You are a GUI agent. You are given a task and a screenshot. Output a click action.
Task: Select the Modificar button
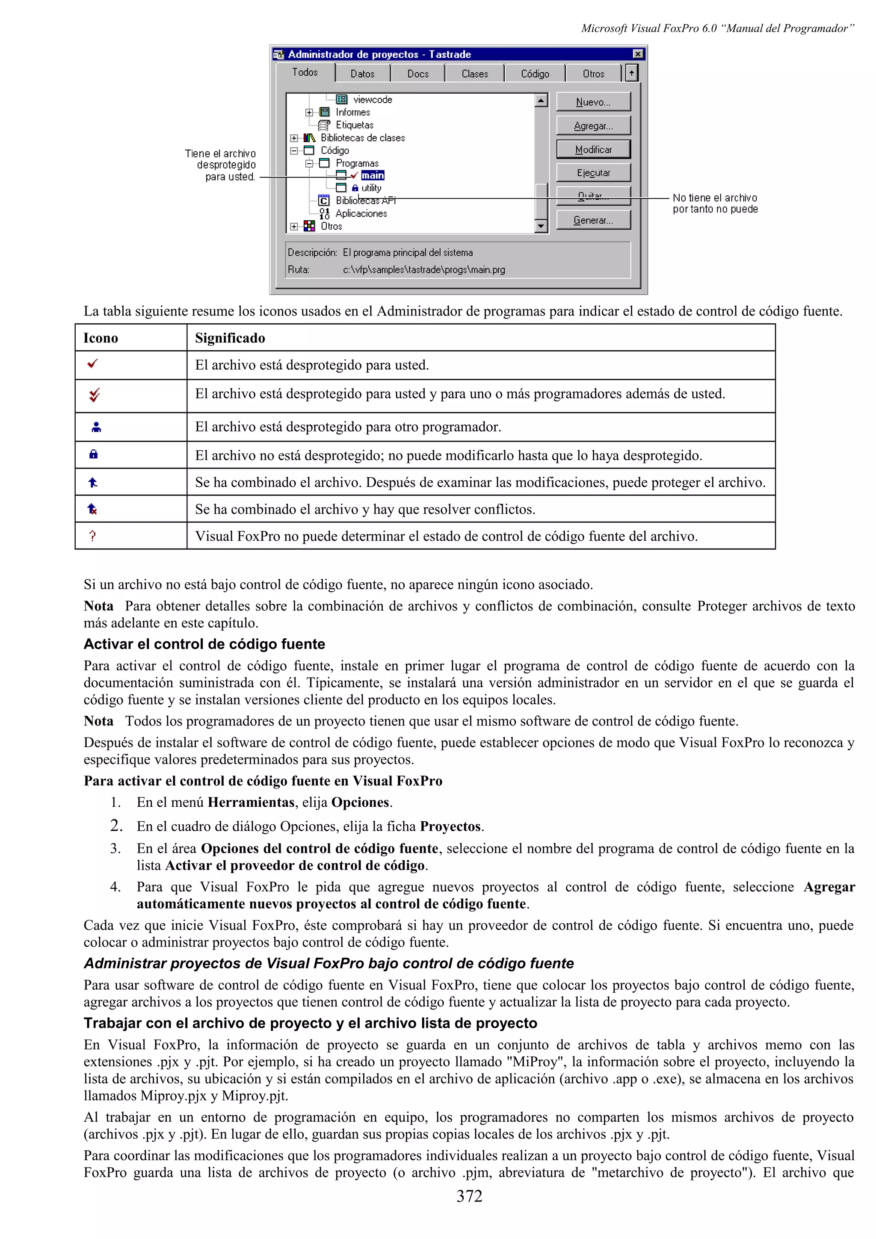click(x=593, y=150)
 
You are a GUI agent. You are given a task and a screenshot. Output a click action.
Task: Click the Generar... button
click(x=593, y=220)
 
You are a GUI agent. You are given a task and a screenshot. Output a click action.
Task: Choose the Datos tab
click(x=362, y=74)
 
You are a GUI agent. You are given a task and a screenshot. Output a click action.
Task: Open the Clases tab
click(x=474, y=74)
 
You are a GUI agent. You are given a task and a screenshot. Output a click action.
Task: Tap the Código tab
click(x=534, y=74)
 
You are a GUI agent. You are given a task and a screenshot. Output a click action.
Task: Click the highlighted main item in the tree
click(x=373, y=175)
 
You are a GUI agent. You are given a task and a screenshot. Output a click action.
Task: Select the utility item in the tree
click(x=371, y=188)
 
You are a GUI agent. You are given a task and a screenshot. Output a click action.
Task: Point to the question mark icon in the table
click(x=93, y=536)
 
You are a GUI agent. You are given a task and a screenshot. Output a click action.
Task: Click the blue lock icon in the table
click(x=93, y=454)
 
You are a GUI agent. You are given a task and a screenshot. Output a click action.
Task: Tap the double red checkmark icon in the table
click(x=95, y=395)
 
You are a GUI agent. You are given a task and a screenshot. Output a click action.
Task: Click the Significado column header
click(x=230, y=338)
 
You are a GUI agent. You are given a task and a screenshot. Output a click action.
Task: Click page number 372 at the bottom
click(x=469, y=1196)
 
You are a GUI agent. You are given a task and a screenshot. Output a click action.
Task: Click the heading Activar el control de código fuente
click(x=204, y=644)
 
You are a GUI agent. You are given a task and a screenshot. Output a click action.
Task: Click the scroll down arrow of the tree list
click(x=541, y=226)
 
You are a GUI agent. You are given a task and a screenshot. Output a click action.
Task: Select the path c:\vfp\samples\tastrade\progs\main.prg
click(x=424, y=269)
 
